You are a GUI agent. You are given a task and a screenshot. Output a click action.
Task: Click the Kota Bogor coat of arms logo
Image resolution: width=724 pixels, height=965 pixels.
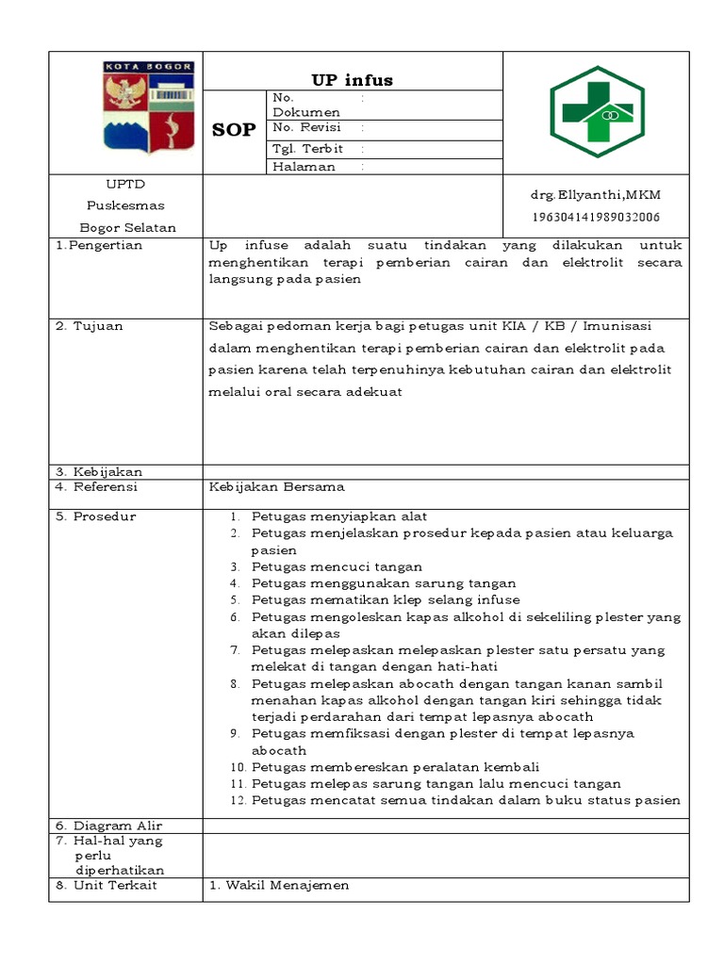point(148,106)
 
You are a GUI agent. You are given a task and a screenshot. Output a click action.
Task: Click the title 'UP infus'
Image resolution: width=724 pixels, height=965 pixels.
point(353,80)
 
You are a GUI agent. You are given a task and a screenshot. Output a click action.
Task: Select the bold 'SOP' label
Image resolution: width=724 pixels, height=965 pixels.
point(233,130)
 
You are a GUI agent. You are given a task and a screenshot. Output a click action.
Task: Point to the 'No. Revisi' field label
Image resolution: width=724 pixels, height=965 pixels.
point(306,128)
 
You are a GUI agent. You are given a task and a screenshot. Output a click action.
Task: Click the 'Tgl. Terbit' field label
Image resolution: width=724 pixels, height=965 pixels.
point(307,149)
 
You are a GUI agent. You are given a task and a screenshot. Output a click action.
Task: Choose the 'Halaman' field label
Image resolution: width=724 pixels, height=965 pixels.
point(304,167)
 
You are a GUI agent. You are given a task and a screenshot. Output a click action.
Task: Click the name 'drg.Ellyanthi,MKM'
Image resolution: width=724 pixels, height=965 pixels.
point(596,195)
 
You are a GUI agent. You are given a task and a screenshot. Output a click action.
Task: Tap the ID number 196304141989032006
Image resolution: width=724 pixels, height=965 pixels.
point(596,217)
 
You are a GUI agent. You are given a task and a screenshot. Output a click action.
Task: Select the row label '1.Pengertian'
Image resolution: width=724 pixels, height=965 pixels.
point(99,246)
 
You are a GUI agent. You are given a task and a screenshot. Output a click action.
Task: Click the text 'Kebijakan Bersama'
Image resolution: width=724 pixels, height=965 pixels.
point(276,487)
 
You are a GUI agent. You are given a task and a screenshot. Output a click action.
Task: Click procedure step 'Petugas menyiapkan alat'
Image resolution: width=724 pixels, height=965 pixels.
point(339,516)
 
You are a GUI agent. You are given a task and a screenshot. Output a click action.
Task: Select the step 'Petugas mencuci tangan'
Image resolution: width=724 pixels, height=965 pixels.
point(337,566)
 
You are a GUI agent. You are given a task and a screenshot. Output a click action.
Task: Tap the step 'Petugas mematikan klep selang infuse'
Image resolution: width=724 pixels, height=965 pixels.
point(386,599)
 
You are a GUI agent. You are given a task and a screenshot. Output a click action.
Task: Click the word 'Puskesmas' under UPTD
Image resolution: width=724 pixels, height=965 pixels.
point(125,205)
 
